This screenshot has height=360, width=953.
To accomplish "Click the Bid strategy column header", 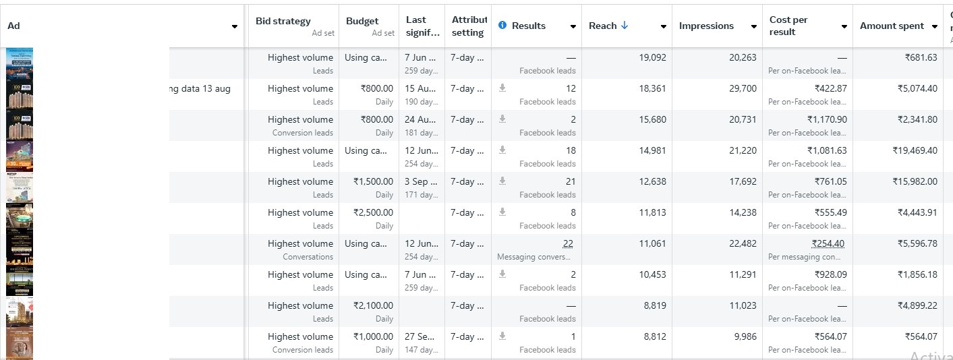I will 283,21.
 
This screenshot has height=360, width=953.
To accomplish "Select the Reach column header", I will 602,26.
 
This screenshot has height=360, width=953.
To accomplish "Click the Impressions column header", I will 706,26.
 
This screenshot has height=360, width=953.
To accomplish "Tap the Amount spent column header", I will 892,26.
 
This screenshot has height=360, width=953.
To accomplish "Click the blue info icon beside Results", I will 502,25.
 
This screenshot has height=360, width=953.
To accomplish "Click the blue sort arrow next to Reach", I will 625,26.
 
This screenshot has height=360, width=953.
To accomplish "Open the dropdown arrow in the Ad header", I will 235,26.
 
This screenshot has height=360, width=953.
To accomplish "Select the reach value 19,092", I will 652,57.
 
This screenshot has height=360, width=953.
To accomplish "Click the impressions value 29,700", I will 743,88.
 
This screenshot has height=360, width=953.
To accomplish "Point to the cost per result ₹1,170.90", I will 826,119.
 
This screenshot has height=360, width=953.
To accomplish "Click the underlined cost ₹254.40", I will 828,243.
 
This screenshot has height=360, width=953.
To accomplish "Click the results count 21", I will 570,181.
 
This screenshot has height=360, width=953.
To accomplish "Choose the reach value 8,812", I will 654,336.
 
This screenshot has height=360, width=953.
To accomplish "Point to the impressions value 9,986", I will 745,336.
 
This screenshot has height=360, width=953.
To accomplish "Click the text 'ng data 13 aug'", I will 200,88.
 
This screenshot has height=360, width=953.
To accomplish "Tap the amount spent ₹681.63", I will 921,57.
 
